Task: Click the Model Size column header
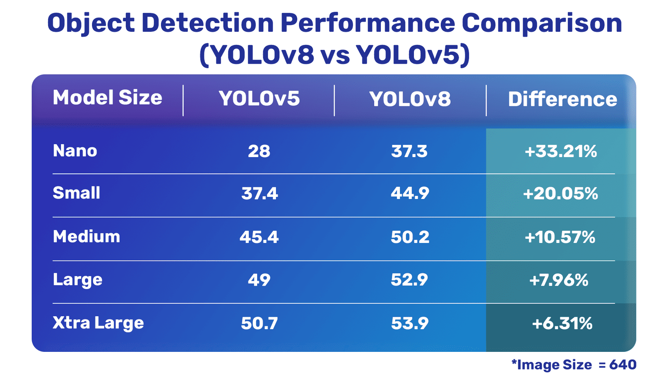click(107, 98)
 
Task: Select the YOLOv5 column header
click(259, 99)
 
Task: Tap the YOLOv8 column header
click(410, 99)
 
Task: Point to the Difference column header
click(562, 99)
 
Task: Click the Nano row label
click(75, 151)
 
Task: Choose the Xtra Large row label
click(98, 323)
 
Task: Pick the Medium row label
click(87, 237)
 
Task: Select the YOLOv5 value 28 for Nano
click(259, 151)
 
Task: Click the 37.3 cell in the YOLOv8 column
click(409, 151)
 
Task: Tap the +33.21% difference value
click(561, 151)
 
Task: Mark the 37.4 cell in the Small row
click(259, 194)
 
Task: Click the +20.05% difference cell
click(560, 194)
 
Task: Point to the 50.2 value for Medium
click(410, 237)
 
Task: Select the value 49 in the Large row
click(259, 280)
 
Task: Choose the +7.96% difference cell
click(559, 280)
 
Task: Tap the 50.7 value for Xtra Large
click(259, 323)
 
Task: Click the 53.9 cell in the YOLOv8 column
click(410, 323)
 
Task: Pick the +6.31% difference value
click(562, 323)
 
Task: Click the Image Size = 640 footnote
click(574, 365)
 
